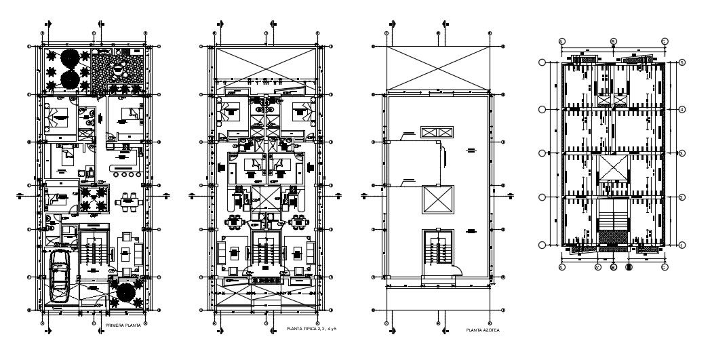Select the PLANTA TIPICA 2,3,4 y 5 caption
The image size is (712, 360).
pyautogui.click(x=312, y=329)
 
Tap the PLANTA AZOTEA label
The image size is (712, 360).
pyautogui.click(x=483, y=330)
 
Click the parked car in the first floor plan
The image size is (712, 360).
pyautogui.click(x=60, y=278)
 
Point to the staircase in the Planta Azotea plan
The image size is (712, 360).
pyautogui.click(x=435, y=251)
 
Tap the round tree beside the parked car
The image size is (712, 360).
pyautogui.click(x=125, y=293)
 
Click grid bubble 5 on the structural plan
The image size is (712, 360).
pyautogui.click(x=681, y=63)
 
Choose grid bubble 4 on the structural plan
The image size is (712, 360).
pyautogui.click(x=681, y=108)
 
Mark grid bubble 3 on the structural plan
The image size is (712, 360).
pyautogui.click(x=681, y=154)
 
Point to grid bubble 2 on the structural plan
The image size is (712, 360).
pyautogui.click(x=681, y=197)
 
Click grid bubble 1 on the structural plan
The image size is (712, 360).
pyautogui.click(x=681, y=244)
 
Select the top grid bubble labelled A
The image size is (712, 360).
pyautogui.click(x=561, y=41)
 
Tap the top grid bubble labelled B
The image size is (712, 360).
pyautogui.click(x=613, y=41)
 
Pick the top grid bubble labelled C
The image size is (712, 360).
pyautogui.click(x=665, y=41)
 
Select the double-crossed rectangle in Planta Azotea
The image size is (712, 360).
pyautogui.click(x=435, y=132)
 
